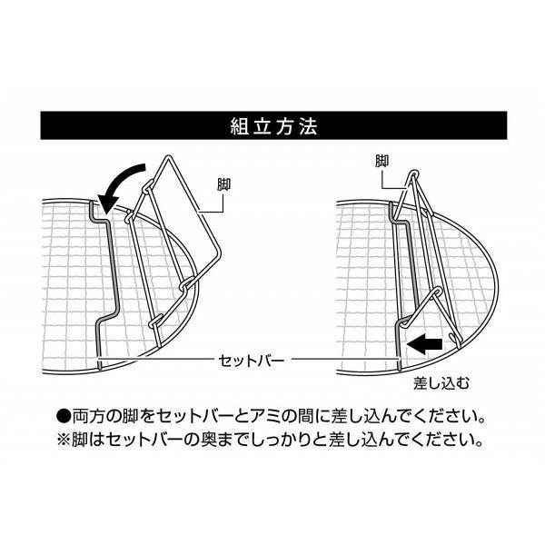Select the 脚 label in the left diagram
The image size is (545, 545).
223,184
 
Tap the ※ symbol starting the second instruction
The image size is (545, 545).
64,442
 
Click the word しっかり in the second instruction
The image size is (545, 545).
295,442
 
